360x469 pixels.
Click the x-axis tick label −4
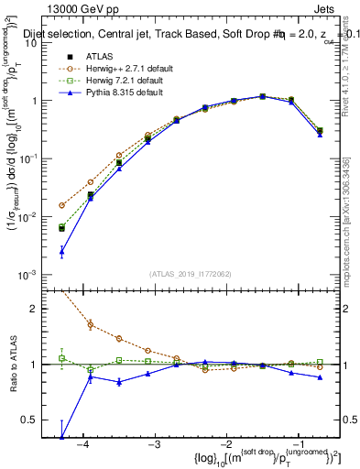tap(82, 442)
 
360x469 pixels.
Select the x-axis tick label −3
tap(154, 442)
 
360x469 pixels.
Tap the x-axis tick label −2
tap(225, 442)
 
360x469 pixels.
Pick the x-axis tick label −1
tap(297, 442)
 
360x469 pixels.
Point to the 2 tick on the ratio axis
tap(43, 308)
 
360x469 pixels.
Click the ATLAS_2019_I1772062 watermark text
tap(190, 274)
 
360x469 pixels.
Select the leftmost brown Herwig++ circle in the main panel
tap(61, 205)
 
